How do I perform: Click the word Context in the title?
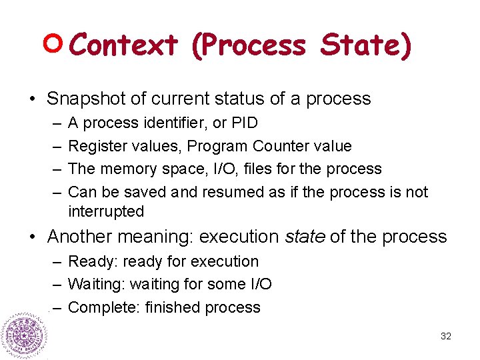(123, 45)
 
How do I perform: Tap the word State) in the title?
(366, 45)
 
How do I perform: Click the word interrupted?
(106, 212)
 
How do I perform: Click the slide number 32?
(446, 337)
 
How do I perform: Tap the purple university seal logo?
(25, 335)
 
